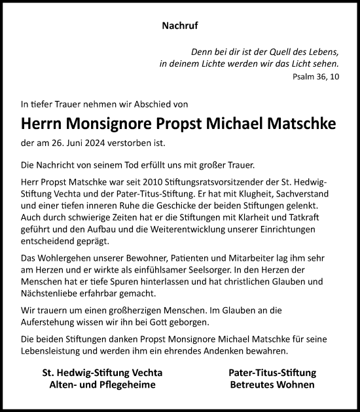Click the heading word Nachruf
tap(179, 27)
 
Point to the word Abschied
tap(150, 103)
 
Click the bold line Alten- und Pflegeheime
tap(102, 384)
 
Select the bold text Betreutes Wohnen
tap(272, 384)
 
